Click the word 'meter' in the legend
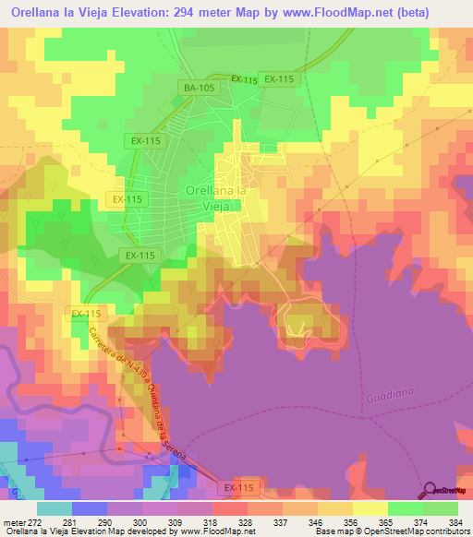coord(12,521)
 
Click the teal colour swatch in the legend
coord(54,508)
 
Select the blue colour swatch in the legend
coord(89,508)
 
